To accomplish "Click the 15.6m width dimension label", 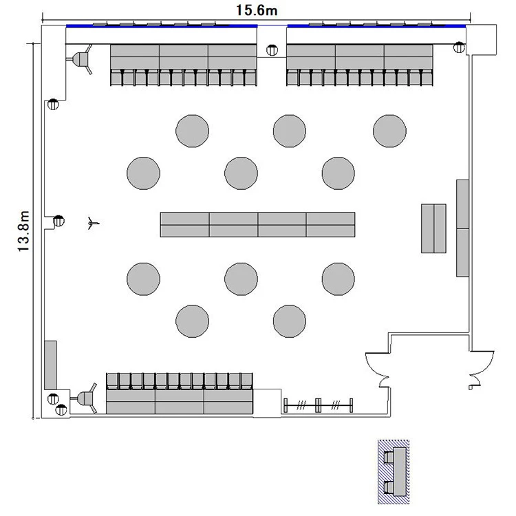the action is pos(257,10).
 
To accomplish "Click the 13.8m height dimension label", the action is pos(23,231).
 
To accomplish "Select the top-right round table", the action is pos(389,131).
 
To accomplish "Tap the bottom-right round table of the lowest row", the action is pos(290,321).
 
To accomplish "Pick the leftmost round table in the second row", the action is pos(144,173).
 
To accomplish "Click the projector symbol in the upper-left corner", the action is pos(80,60).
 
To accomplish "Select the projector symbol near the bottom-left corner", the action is pos(85,398).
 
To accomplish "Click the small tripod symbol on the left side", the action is pos(93,223).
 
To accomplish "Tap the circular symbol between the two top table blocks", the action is pos(272,50).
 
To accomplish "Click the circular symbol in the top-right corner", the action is pos(459,47).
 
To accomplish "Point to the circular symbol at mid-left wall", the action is pos(58,220).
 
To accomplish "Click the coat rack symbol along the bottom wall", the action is pos(319,405).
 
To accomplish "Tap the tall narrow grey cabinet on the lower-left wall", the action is pos(50,365).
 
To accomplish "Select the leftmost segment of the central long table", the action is pos(184,225).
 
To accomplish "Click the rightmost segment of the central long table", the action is pos(331,225).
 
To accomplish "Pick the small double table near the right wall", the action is pos(433,228).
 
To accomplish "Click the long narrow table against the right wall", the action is pos(463,228).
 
